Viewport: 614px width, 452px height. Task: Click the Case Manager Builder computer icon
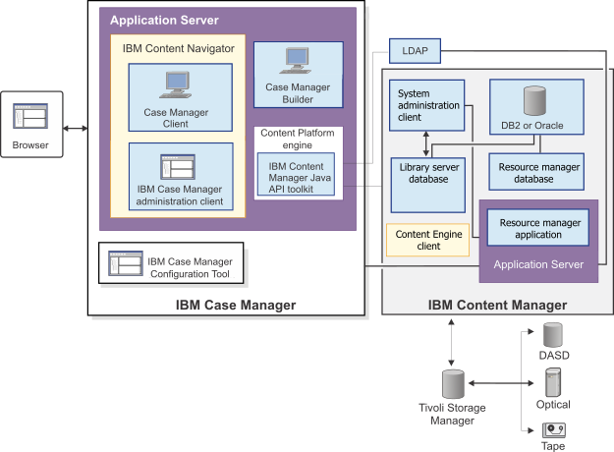click(298, 63)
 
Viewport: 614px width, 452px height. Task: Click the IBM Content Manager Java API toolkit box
click(295, 174)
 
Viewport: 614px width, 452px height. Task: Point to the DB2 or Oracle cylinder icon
click(534, 100)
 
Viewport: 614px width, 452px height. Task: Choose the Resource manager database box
click(535, 172)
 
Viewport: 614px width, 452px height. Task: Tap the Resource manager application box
click(538, 229)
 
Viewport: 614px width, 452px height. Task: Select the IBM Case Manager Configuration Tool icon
click(126, 265)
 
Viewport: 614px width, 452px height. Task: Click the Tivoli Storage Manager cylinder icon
click(453, 383)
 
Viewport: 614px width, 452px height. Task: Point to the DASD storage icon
click(554, 333)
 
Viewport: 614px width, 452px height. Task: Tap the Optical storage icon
click(554, 382)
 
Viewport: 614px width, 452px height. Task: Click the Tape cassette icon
click(554, 428)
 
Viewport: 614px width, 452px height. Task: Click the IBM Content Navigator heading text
click(178, 47)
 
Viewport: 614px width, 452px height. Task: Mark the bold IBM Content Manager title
click(497, 306)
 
